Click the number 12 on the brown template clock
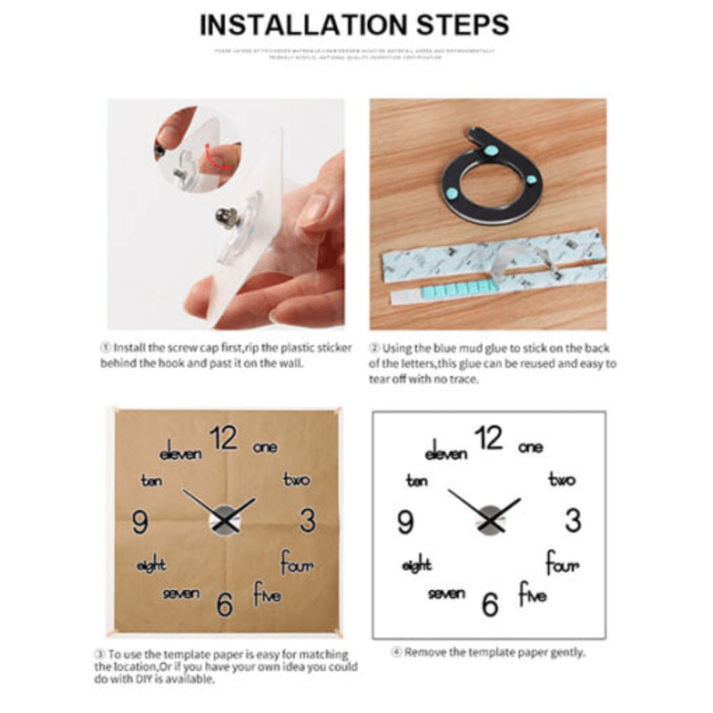tap(225, 438)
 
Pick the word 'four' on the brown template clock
tap(297, 563)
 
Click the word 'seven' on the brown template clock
tap(181, 594)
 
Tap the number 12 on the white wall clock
tap(489, 438)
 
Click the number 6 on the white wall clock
tap(489, 603)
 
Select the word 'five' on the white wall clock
tap(532, 593)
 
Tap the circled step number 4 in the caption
tap(397, 653)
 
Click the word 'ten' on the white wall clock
tap(415, 481)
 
